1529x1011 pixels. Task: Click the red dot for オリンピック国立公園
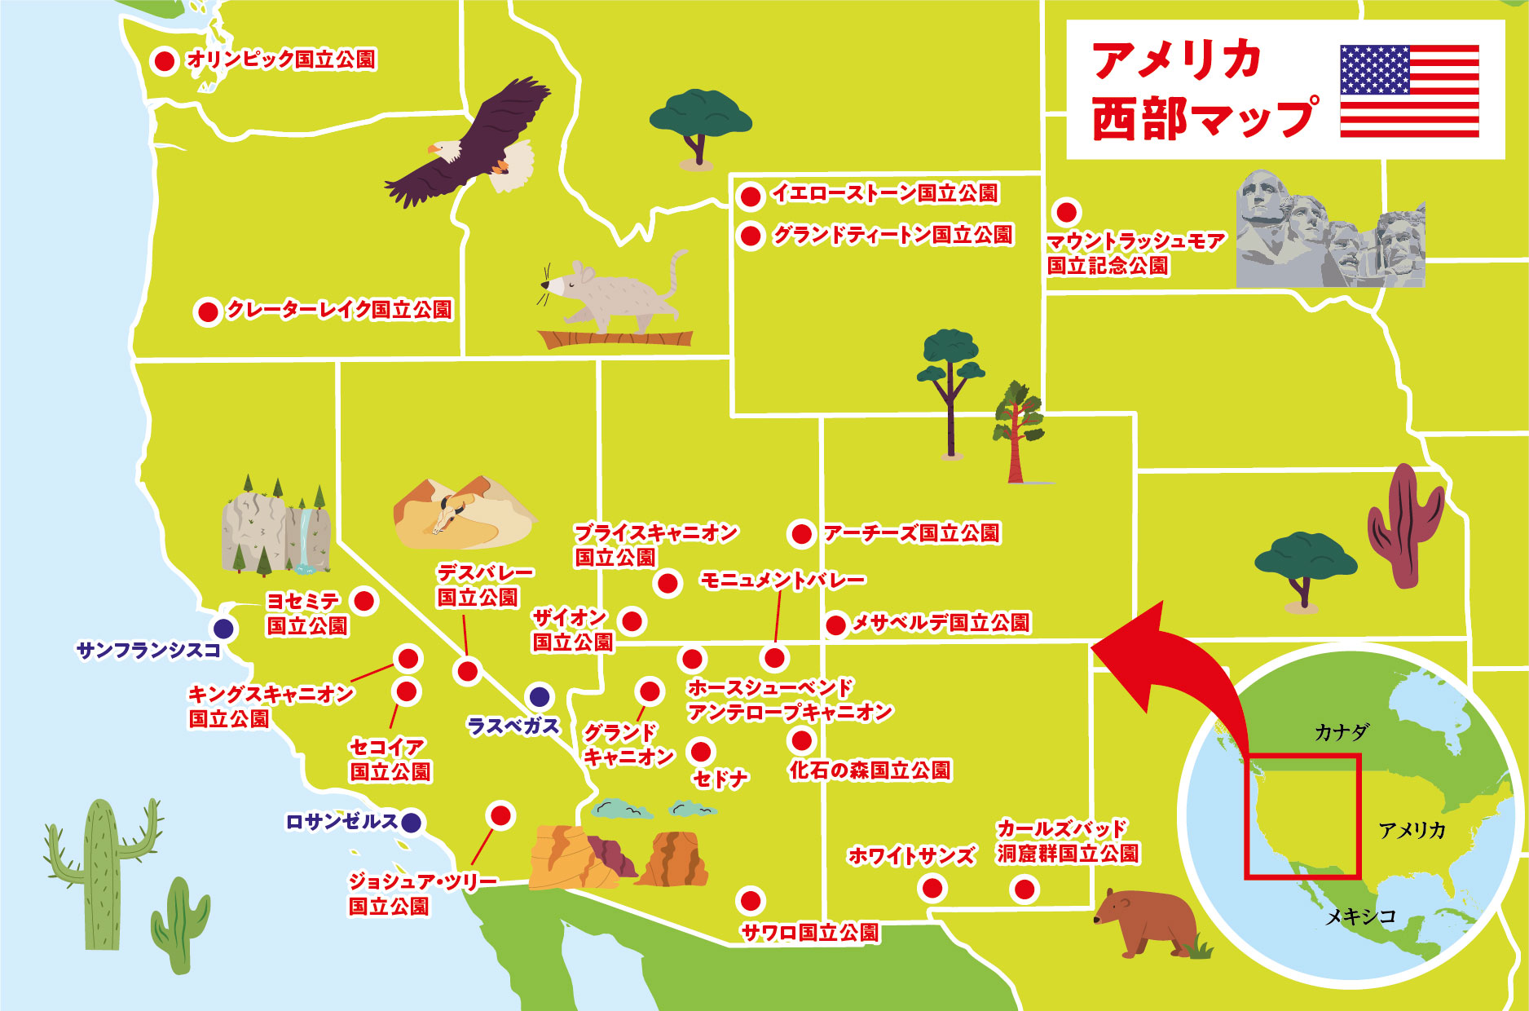pos(165,60)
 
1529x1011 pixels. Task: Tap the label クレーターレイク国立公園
pos(338,310)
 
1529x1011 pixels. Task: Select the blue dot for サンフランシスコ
pos(223,629)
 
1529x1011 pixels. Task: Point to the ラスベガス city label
pos(513,726)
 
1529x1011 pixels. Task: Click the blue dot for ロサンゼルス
pos(412,823)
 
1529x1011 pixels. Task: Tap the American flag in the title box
pos(1409,91)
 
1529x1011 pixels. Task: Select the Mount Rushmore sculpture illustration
pos(1329,232)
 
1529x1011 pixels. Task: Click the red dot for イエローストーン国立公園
pos(750,196)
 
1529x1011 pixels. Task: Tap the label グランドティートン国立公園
pos(892,236)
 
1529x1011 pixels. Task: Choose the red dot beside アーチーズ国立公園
pos(801,534)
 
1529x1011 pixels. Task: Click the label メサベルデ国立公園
pos(941,624)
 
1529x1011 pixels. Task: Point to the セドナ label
pos(720,779)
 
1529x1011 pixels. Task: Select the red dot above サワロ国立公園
pos(750,901)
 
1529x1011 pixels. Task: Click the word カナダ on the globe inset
pos(1342,732)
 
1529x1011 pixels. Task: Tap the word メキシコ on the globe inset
pos(1360,916)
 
